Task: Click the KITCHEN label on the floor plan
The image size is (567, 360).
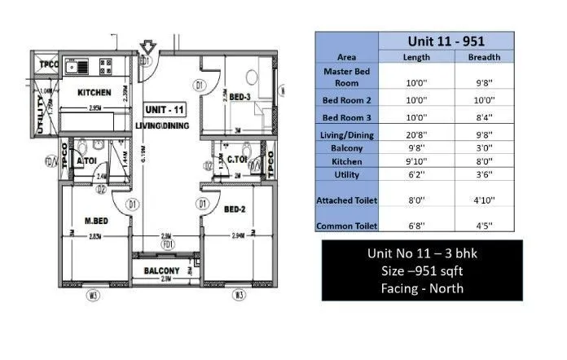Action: click(94, 93)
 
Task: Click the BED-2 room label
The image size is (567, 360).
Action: click(237, 209)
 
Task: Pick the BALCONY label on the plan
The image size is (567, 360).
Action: click(164, 270)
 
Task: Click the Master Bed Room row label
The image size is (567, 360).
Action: click(346, 77)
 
